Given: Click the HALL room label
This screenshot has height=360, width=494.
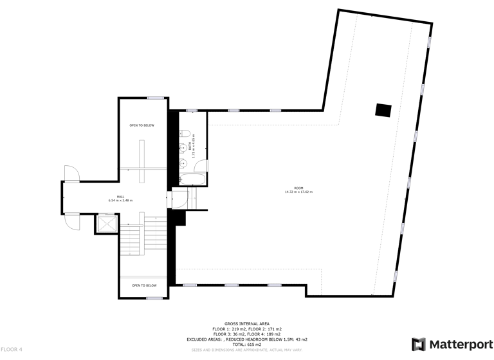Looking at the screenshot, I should pos(120,196).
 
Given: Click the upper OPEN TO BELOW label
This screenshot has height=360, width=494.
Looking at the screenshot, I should pos(142,125).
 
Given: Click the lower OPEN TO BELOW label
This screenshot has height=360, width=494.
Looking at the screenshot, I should pos(144,285).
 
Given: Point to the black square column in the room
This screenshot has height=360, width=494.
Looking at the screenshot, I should pos(383,110).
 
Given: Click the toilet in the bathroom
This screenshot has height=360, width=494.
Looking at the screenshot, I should pos(184,134).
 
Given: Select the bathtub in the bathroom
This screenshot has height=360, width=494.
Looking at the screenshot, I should pos(194,177).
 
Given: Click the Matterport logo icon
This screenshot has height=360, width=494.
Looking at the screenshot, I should pos(418,344).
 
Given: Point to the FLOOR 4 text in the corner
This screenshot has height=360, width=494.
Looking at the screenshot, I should pos(12,349).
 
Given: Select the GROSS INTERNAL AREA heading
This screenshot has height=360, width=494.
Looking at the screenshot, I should pos(247,323).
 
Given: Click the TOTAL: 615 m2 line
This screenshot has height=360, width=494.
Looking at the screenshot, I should pos(247,344).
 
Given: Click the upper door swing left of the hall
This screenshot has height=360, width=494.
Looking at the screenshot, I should pos(71,173).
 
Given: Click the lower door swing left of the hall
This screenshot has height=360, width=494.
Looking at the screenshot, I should pos(72,221).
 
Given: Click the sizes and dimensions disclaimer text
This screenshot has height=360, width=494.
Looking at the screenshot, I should pos(247,350).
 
